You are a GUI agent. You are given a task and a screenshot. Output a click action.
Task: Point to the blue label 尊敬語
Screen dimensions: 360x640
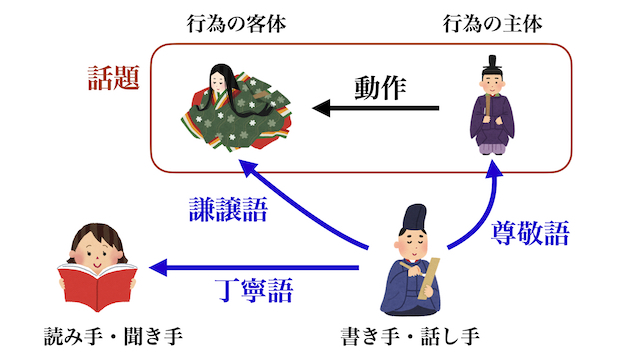(x=530, y=233)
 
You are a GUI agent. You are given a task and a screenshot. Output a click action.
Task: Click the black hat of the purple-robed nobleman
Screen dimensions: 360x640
(x=491, y=64)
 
